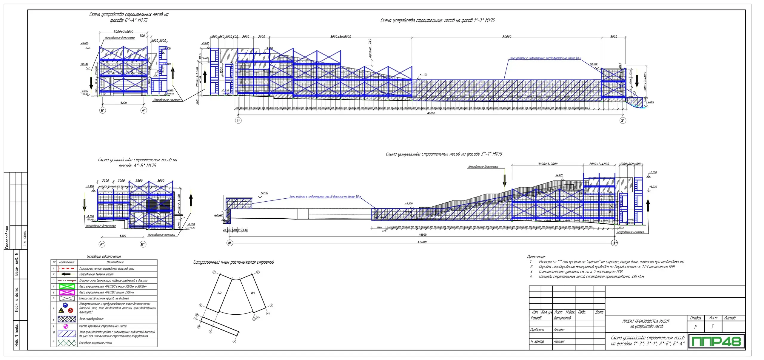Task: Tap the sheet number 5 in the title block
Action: pyautogui.click(x=712, y=327)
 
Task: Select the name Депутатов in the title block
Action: pyautogui.click(x=562, y=318)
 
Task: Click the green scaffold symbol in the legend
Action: pyautogui.click(x=67, y=286)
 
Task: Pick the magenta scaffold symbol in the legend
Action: pyautogui.click(x=67, y=292)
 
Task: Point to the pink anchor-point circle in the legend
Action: pyautogui.click(x=66, y=326)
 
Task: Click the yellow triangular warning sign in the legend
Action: pyautogui.click(x=61, y=310)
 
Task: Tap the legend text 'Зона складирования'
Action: pyautogui.click(x=91, y=319)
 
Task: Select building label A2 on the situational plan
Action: pyautogui.click(x=219, y=293)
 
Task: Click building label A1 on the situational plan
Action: pyautogui.click(x=253, y=293)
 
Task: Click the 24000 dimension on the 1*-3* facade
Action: pyautogui.click(x=507, y=37)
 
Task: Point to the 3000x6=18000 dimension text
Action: pyautogui.click(x=341, y=37)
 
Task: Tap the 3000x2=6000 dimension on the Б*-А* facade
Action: pyautogui.click(x=124, y=32)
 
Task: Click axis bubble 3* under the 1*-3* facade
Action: pyautogui.click(x=623, y=120)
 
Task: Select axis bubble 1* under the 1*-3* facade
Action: pyautogui.click(x=238, y=120)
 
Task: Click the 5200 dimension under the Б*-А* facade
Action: pyautogui.click(x=124, y=103)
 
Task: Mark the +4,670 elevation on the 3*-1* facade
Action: pyautogui.click(x=559, y=175)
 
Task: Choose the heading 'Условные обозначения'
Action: pyautogui.click(x=104, y=257)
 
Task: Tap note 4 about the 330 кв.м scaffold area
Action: pyautogui.click(x=591, y=277)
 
